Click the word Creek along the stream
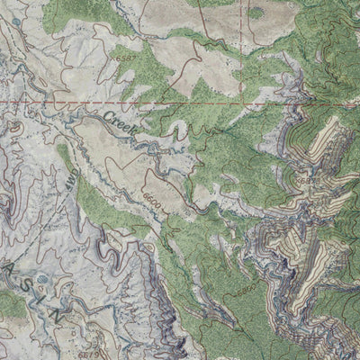coord(119,124)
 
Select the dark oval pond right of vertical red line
coord(257,13)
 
